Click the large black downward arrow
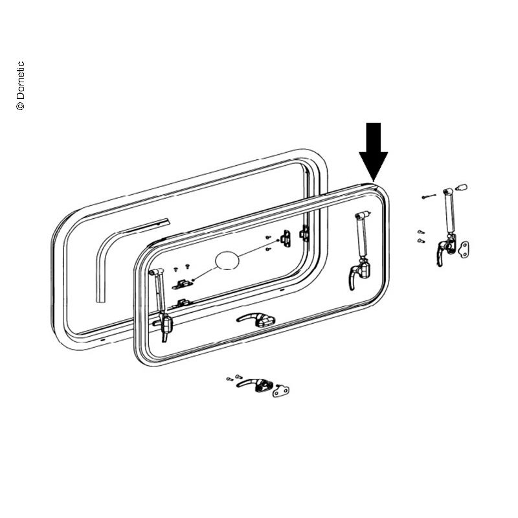pyautogui.click(x=374, y=150)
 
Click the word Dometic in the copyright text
pyautogui.click(x=21, y=80)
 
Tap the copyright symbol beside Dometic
pyautogui.click(x=20, y=106)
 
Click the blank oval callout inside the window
pyautogui.click(x=227, y=261)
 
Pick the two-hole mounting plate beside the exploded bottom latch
pyautogui.click(x=280, y=391)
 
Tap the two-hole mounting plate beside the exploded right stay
pyautogui.click(x=464, y=250)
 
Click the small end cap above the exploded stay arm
pyautogui.click(x=460, y=187)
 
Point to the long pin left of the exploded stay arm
pyautogui.click(x=429, y=197)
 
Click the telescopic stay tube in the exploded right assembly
pyautogui.click(x=449, y=212)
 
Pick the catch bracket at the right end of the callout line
pyautogui.click(x=286, y=238)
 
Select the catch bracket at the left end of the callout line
pyautogui.click(x=183, y=284)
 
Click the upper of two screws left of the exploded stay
pyautogui.click(x=420, y=232)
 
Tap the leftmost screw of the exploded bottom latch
pyautogui.click(x=230, y=379)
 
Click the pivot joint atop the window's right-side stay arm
pyautogui.click(x=362, y=215)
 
